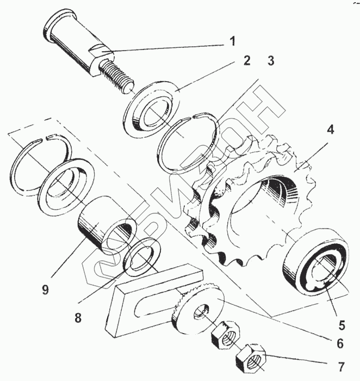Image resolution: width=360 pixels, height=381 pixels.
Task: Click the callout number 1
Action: [232, 41]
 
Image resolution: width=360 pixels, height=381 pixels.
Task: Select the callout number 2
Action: [246, 60]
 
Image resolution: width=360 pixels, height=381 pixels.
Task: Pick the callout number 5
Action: [342, 325]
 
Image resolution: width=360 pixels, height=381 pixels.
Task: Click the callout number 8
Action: [78, 318]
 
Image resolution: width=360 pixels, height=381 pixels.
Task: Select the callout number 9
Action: [45, 290]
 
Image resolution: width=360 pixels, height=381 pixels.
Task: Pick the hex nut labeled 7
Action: [250, 357]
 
